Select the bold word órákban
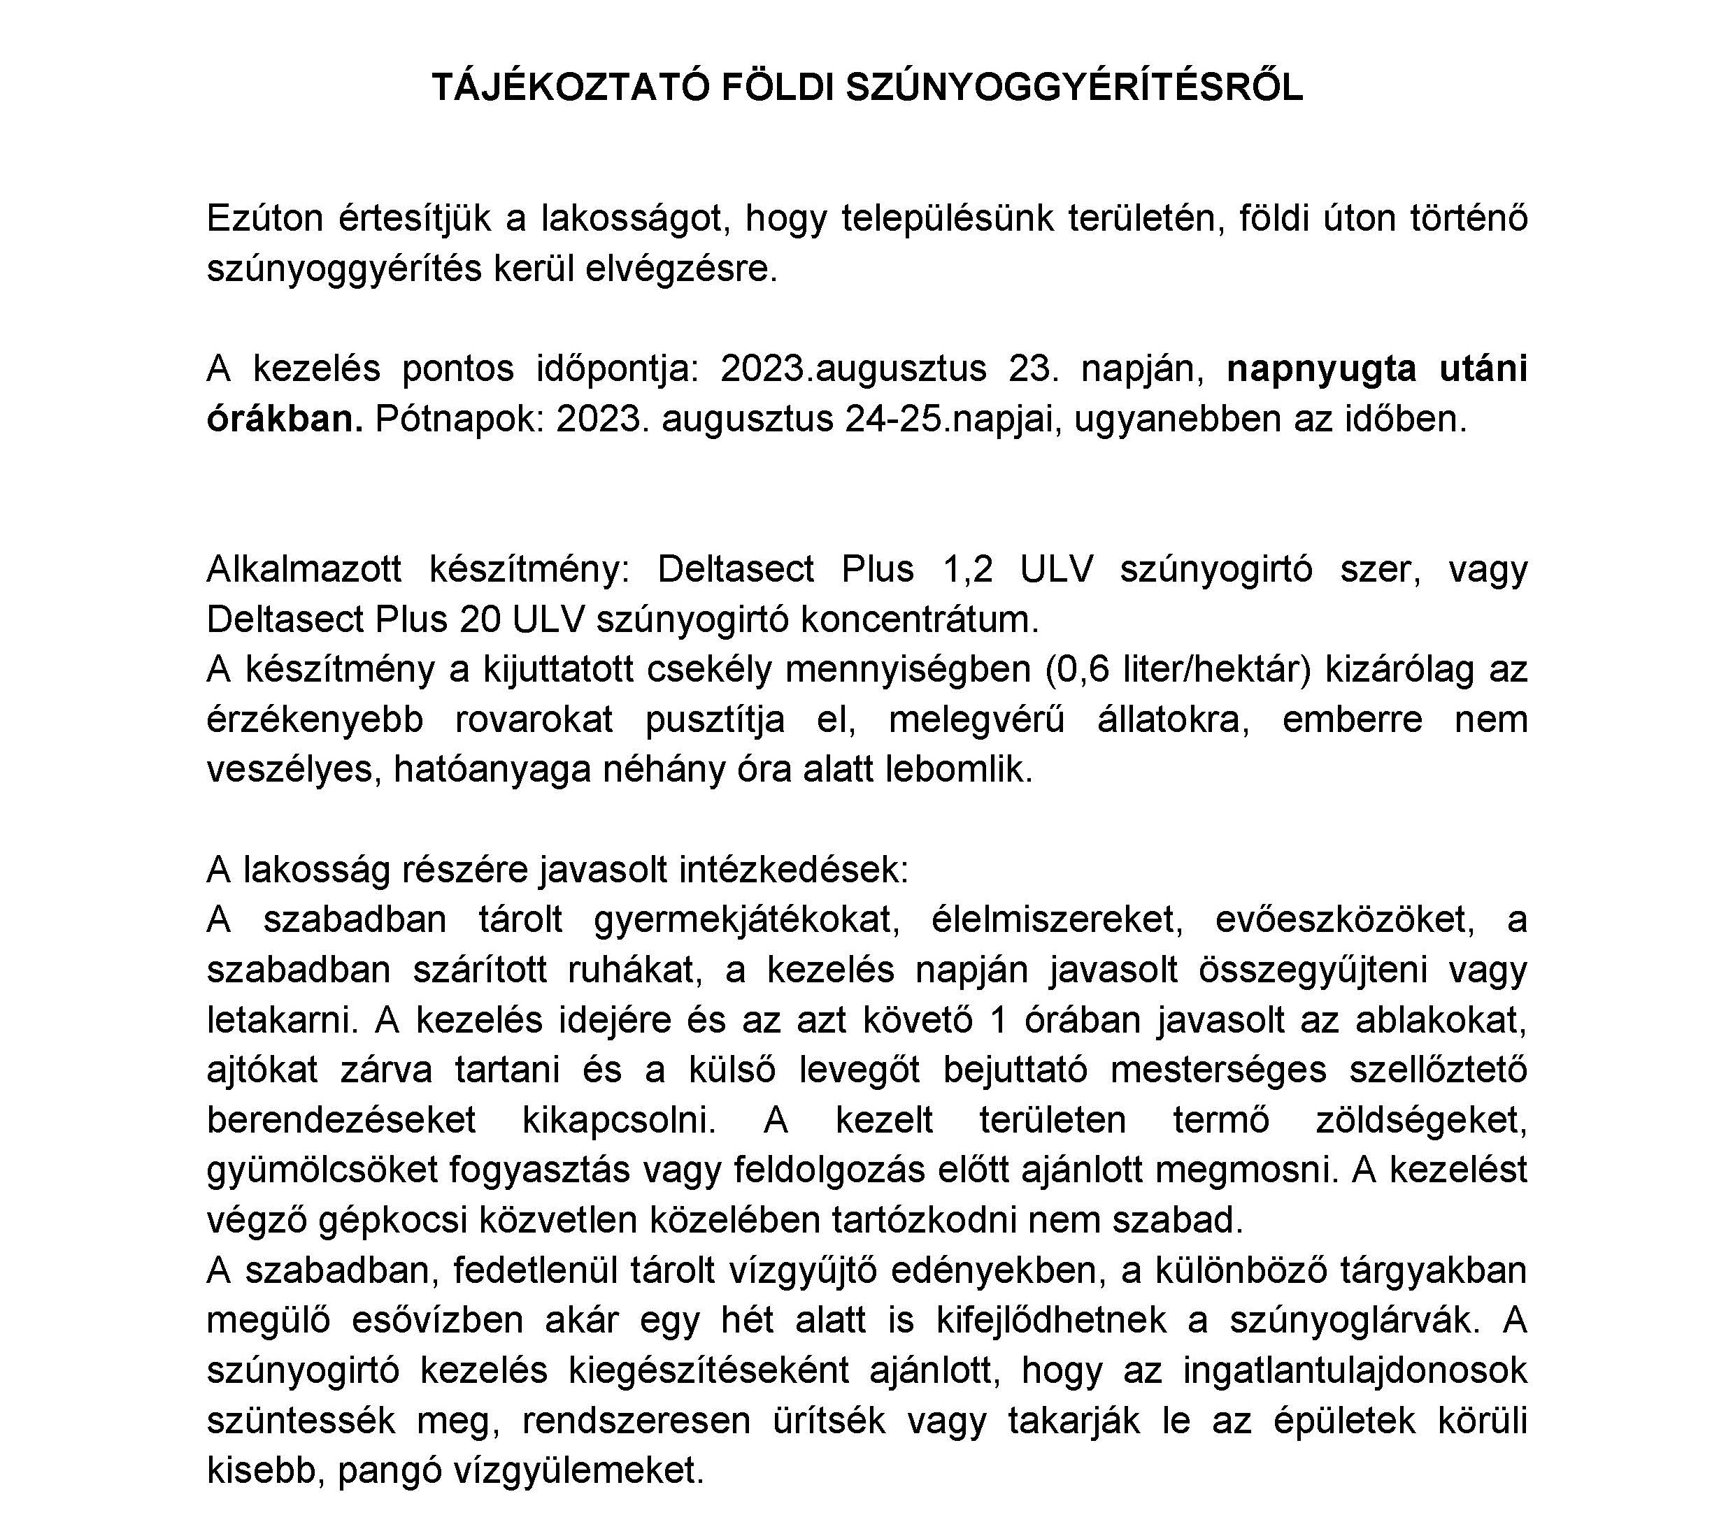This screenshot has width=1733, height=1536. click(285, 419)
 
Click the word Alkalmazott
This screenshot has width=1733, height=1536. click(304, 569)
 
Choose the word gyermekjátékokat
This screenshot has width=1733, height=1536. click(746, 921)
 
